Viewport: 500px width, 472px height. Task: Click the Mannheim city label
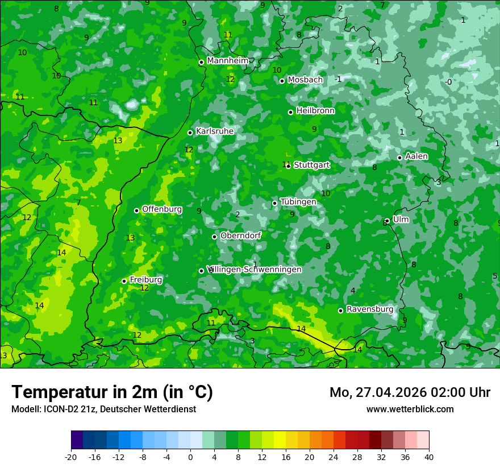click(228, 61)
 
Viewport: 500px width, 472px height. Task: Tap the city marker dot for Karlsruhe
click(190, 133)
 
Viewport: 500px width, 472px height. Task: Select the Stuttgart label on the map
click(311, 165)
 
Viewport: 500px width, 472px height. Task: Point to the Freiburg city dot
click(124, 281)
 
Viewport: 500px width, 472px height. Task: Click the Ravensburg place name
click(370, 309)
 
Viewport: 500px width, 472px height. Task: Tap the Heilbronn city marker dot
click(291, 112)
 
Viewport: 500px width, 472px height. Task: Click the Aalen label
click(416, 156)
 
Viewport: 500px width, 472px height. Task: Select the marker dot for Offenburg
click(136, 210)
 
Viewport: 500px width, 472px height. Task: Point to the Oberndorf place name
click(240, 235)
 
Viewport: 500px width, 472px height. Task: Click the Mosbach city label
click(305, 80)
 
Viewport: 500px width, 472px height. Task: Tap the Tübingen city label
click(298, 202)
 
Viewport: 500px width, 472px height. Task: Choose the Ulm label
click(401, 220)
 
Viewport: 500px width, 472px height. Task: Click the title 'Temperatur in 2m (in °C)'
click(112, 392)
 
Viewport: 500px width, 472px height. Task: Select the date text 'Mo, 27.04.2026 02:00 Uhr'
click(410, 392)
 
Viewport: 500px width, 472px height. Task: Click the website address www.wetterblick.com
click(410, 409)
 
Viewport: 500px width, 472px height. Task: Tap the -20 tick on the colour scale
click(71, 457)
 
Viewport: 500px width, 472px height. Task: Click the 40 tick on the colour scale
click(428, 457)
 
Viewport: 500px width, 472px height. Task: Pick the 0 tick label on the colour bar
click(190, 457)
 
